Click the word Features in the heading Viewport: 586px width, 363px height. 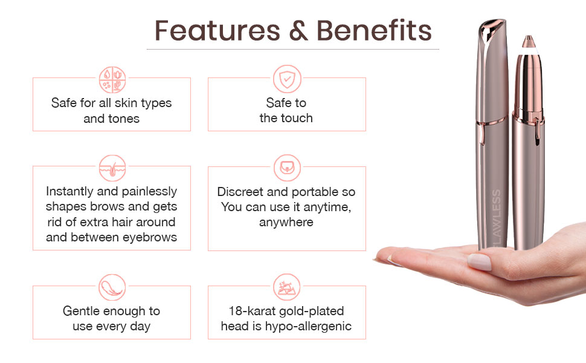(x=217, y=30)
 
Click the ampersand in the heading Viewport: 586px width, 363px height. (x=298, y=30)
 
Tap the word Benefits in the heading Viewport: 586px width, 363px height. (x=374, y=30)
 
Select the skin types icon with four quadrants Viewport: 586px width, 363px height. (x=112, y=80)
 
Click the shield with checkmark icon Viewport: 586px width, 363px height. (x=287, y=79)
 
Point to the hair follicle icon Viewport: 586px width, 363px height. (x=112, y=168)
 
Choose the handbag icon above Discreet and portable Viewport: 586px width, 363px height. (x=287, y=168)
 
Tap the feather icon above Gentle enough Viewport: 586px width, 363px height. (x=112, y=287)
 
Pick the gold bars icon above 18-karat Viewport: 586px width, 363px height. (x=287, y=287)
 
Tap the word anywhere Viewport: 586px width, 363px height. (x=286, y=222)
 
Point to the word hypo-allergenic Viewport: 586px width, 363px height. (x=308, y=326)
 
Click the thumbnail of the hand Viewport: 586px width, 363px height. (x=479, y=261)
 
